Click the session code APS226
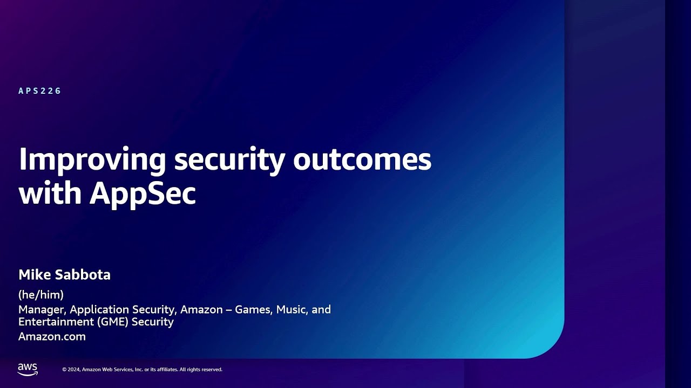(40, 91)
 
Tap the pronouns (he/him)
(41, 295)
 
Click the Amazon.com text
(52, 337)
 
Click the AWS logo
(28, 369)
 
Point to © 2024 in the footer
(71, 370)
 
